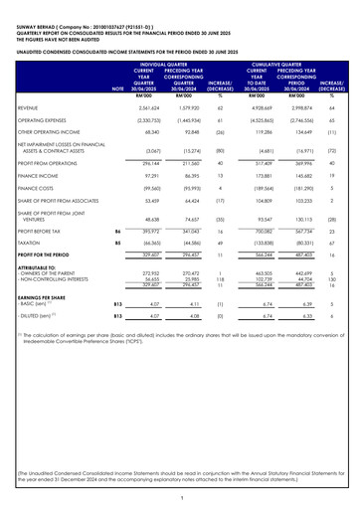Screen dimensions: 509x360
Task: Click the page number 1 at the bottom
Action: tap(180, 497)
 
